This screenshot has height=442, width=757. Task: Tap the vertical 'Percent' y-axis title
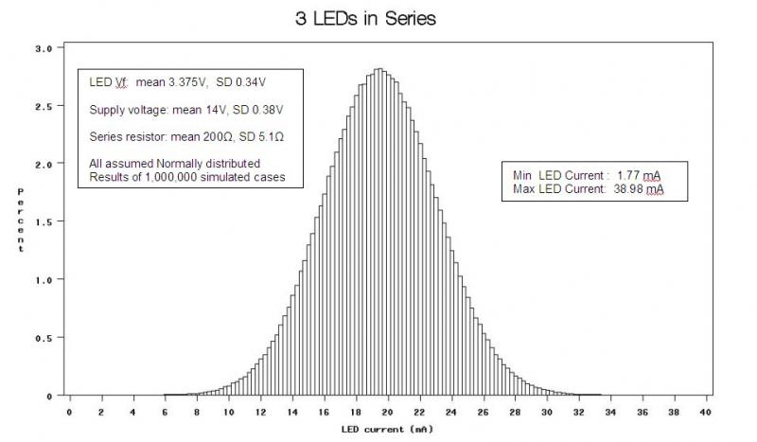tap(20, 220)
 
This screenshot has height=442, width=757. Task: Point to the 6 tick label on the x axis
tap(165, 413)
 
